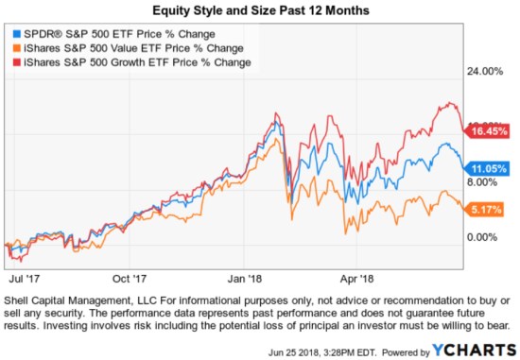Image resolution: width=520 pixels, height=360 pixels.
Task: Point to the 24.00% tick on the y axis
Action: (x=485, y=71)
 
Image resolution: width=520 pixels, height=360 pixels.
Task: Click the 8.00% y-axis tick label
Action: (x=482, y=181)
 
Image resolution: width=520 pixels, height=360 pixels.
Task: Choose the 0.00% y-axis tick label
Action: (x=482, y=236)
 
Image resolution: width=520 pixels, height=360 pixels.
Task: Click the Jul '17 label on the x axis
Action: (x=21, y=280)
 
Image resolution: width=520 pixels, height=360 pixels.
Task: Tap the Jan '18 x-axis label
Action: (x=244, y=280)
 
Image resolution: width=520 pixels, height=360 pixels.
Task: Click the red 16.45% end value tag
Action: (x=483, y=132)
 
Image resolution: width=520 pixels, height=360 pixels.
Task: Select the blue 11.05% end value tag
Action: (x=483, y=166)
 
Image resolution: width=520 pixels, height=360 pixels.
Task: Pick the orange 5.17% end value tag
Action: (x=483, y=209)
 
